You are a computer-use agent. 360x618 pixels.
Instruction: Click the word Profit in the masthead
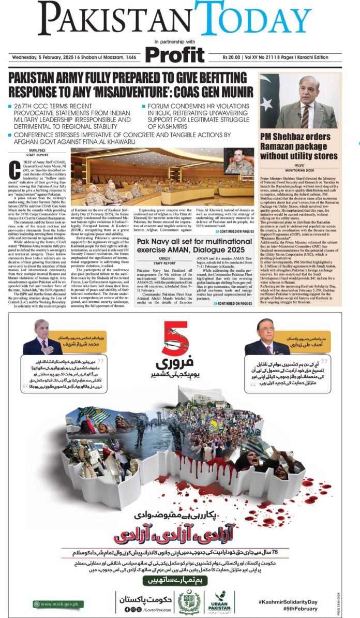tap(175, 54)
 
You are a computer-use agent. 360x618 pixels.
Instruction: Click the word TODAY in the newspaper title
tap(253, 19)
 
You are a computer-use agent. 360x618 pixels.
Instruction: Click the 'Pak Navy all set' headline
tap(194, 245)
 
